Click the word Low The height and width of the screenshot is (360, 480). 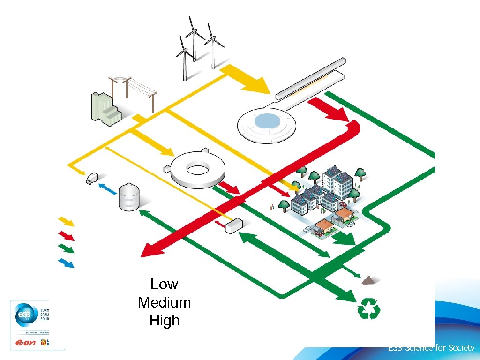[x=164, y=284]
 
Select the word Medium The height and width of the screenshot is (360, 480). [x=164, y=302]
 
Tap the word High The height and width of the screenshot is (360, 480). [x=164, y=321]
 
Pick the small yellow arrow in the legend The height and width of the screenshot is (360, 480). [x=66, y=221]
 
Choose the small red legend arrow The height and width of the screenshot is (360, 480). [x=66, y=234]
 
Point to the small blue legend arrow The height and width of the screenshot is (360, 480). [x=66, y=262]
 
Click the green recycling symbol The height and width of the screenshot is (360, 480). [x=368, y=310]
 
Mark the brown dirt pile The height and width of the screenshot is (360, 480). [x=369, y=280]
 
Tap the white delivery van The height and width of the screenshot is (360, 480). [x=92, y=178]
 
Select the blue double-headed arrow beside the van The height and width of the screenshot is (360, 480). [x=107, y=189]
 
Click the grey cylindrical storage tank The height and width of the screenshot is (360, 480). [x=129, y=197]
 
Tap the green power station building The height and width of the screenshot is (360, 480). [x=105, y=109]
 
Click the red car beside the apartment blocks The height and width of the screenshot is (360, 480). [x=344, y=204]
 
